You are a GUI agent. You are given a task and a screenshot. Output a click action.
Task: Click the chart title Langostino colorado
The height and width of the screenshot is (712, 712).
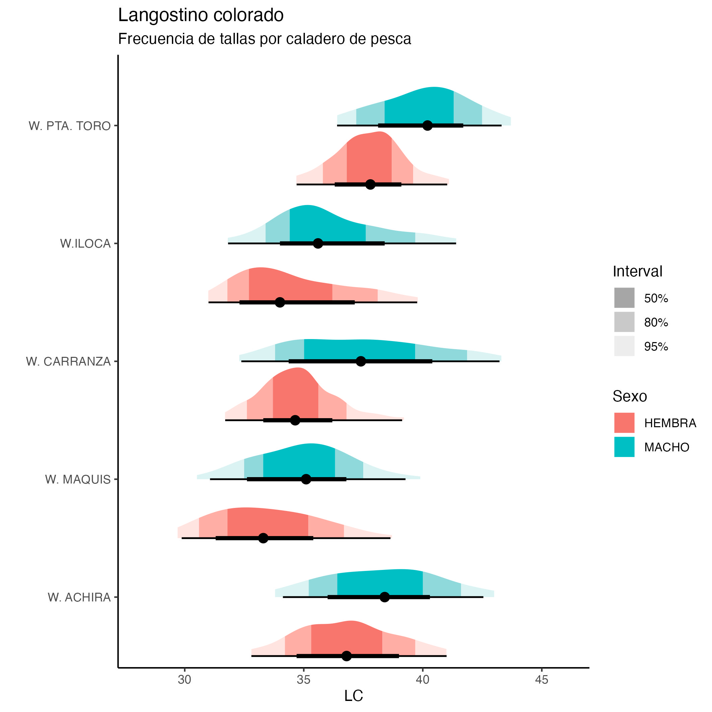(x=200, y=15)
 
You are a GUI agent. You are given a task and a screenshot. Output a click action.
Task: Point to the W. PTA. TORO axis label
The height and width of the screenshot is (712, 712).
(x=70, y=126)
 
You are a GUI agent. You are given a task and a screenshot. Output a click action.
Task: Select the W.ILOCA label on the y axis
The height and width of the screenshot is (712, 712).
(x=85, y=244)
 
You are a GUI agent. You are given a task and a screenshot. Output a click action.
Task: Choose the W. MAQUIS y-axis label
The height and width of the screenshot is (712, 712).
(x=78, y=479)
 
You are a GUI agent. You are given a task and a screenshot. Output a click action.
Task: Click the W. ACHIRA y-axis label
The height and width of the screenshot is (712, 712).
(x=79, y=597)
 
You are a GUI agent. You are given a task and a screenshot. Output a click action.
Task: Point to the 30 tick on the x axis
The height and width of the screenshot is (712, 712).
(x=184, y=680)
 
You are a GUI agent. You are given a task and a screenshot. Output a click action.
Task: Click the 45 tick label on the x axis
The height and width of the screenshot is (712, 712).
(x=541, y=680)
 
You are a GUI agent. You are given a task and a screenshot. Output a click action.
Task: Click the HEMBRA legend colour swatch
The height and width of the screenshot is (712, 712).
(x=624, y=423)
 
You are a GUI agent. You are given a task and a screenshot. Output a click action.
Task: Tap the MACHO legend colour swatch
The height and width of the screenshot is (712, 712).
(x=624, y=447)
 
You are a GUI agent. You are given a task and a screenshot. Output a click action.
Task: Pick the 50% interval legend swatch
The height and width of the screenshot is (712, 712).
(x=624, y=298)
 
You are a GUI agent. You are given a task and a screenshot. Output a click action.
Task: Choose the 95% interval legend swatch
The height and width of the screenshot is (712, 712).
(x=624, y=346)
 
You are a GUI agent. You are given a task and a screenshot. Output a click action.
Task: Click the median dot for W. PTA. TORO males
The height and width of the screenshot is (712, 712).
(x=427, y=125)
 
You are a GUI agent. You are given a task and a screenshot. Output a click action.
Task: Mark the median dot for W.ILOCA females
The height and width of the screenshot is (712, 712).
(x=280, y=302)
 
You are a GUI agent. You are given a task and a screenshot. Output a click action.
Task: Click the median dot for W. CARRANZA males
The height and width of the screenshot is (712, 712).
(x=361, y=361)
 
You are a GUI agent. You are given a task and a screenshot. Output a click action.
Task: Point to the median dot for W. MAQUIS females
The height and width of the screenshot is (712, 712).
(x=263, y=538)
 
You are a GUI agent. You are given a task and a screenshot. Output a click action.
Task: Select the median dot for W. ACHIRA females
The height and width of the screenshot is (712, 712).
(x=346, y=656)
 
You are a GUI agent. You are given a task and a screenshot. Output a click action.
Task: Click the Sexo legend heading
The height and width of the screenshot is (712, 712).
(x=630, y=396)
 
